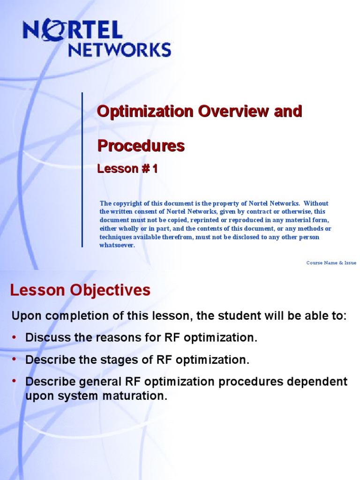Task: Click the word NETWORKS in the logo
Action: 120,49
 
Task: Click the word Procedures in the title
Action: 141,146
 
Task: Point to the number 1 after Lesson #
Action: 154,169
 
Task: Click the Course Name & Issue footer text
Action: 331,263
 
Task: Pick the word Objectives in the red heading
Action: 110,290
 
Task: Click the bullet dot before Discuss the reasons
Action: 14,337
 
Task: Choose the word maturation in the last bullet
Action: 135,396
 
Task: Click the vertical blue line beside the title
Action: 82,169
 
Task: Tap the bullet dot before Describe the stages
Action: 14,360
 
